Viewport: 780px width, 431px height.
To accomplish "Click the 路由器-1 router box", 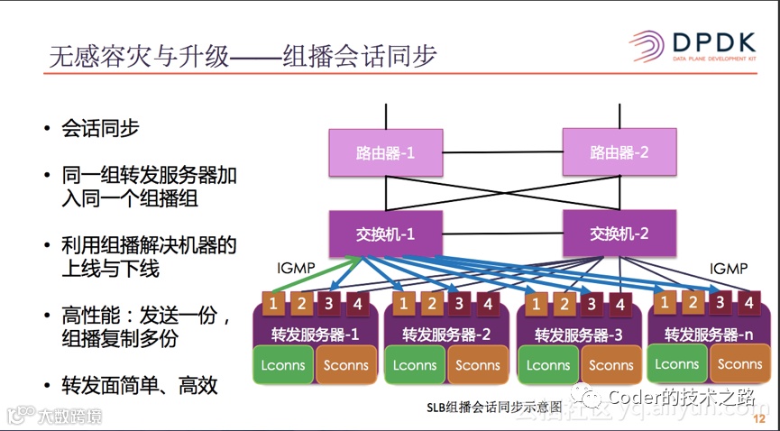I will [385, 152].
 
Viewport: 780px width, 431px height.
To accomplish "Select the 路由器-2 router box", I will [619, 152].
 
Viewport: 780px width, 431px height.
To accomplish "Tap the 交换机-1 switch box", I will [385, 234].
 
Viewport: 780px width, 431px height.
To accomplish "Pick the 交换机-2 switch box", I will [619, 234].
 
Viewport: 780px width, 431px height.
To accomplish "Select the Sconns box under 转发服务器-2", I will [478, 365].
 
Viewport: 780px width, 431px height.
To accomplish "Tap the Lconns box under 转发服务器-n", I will [676, 364].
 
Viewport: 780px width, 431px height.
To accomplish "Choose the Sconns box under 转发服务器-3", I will [611, 365].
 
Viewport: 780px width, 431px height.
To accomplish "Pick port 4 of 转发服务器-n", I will [748, 303].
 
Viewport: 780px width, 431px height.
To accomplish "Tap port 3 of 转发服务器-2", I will [460, 304].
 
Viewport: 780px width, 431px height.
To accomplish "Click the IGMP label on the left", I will [296, 268].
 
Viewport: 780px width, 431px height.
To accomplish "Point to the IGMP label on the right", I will [729, 268].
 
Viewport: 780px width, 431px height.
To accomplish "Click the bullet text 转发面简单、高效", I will [140, 386].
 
